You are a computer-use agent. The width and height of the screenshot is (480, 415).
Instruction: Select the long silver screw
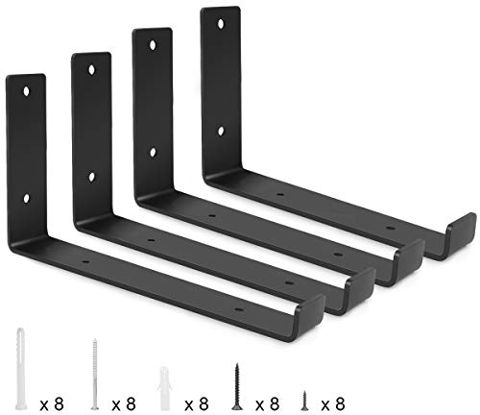coord(95,369)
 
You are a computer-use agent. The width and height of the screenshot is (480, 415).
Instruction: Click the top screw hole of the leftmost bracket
coord(26,93)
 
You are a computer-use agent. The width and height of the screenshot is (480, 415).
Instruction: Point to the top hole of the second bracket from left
coord(92,72)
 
